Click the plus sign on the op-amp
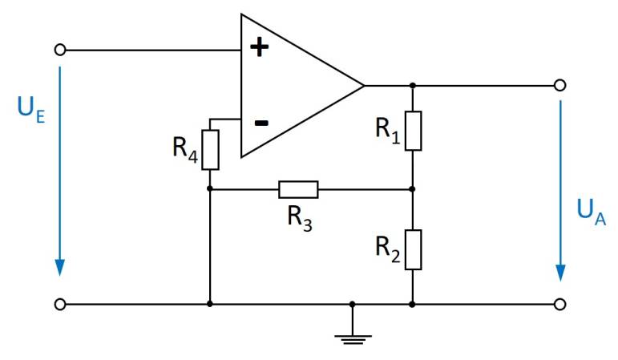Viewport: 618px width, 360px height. point(259,47)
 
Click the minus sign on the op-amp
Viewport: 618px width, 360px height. point(261,123)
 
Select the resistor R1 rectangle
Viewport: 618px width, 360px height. point(412,131)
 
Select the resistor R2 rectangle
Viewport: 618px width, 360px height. point(412,249)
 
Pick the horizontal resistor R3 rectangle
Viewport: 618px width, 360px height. point(298,189)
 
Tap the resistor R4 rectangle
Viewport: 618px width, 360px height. point(210,148)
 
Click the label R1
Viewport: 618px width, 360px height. point(388,129)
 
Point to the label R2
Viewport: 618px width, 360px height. point(388,248)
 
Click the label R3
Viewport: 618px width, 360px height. point(299,218)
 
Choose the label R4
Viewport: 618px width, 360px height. point(184,149)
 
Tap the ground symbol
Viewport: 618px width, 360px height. point(353,335)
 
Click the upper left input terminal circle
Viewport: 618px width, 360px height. point(59,50)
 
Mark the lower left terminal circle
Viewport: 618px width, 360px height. point(59,305)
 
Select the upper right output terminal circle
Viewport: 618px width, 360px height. point(560,85)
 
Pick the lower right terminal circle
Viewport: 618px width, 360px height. point(560,305)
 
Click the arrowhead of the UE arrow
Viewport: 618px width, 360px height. point(59,267)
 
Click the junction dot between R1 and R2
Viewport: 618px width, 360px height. point(412,189)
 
